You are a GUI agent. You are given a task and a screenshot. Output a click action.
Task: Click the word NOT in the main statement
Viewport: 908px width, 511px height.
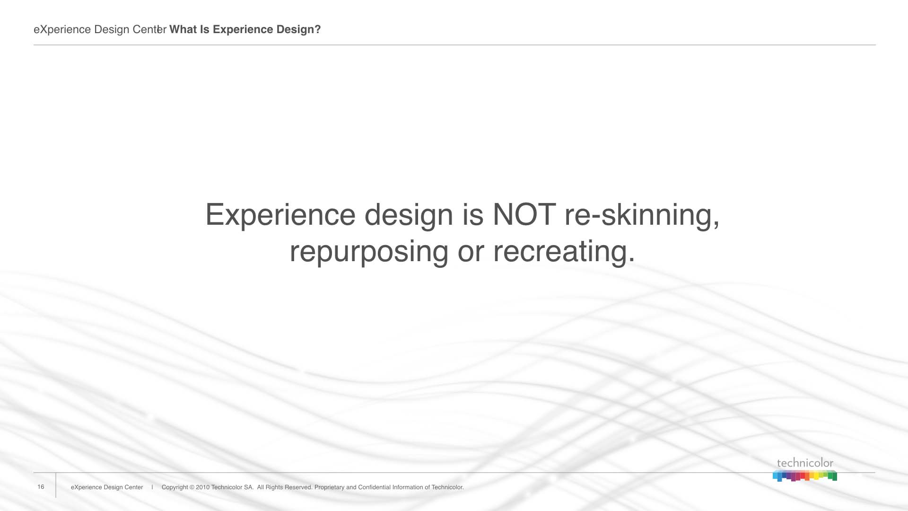click(x=524, y=214)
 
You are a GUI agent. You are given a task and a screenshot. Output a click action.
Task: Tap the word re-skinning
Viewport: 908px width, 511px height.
click(x=642, y=215)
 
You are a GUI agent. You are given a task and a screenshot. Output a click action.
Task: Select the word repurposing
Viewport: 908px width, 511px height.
click(x=369, y=252)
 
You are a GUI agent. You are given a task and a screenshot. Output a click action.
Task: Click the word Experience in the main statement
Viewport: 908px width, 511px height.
click(x=280, y=215)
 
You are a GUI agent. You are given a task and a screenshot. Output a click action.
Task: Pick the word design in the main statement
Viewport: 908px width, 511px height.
click(x=409, y=215)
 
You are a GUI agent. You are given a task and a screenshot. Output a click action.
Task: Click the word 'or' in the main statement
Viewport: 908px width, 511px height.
click(x=471, y=252)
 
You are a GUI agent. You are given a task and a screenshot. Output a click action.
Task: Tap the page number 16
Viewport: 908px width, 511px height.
click(x=41, y=487)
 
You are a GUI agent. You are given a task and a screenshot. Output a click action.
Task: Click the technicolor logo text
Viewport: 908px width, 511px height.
click(x=805, y=463)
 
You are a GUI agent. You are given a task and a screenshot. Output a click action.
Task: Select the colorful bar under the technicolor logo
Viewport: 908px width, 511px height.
click(x=805, y=476)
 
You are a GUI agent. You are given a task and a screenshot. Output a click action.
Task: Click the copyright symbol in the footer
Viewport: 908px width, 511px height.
click(x=192, y=487)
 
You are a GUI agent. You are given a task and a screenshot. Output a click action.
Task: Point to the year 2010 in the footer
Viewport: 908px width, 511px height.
click(x=202, y=487)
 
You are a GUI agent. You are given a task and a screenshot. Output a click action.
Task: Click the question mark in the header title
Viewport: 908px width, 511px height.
click(x=318, y=29)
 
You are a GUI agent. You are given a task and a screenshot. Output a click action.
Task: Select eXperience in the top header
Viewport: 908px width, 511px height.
click(x=62, y=30)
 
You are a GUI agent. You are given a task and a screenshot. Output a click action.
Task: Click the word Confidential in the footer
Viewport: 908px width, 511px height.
click(x=374, y=487)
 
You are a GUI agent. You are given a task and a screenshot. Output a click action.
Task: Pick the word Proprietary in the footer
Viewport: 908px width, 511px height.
click(x=330, y=487)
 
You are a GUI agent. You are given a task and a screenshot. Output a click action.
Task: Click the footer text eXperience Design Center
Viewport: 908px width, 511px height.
click(x=107, y=487)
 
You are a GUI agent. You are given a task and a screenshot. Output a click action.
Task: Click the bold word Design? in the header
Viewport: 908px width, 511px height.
click(x=299, y=30)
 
